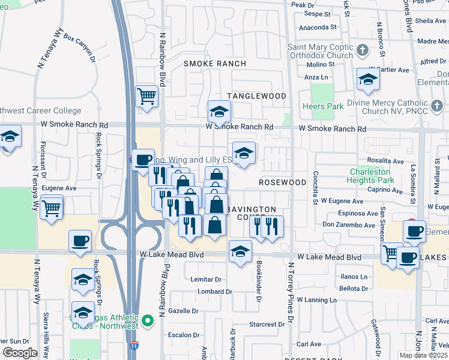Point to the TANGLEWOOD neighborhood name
pos(256,96)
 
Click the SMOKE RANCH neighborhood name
pos(215,64)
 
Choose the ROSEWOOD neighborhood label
pos(283,182)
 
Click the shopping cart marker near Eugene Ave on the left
pos(52,208)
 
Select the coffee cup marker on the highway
pos(142,160)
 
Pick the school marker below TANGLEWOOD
pos(220,111)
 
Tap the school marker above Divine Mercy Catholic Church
pos(369,79)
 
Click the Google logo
pos(20,353)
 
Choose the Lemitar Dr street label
pos(206,279)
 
